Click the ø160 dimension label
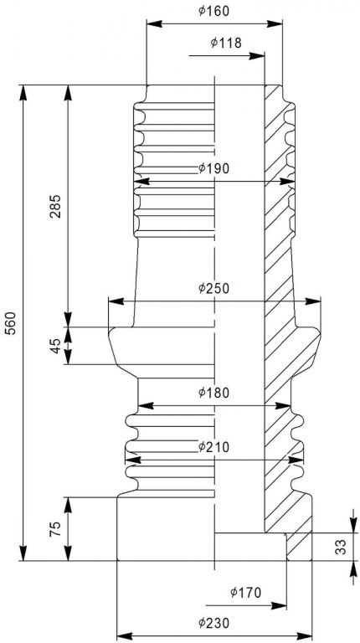pos(213,11)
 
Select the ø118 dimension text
pos(226,42)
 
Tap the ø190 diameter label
pos(213,168)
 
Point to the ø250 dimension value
pos(213,288)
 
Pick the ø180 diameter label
pos(213,393)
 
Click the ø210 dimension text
pos(213,446)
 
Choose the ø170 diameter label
pos(245,592)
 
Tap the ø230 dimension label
pos(213,623)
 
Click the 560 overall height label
pos(11,323)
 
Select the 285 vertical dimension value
pos(56,206)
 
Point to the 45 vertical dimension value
pos(56,345)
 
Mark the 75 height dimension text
pos(56,528)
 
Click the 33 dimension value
pos(341,547)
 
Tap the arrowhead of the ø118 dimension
pos(257,56)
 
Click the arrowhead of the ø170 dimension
pos(279,605)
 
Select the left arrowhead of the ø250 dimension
pos(116,301)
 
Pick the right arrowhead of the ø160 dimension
pos(275,23)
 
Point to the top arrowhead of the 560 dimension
pos(23,93)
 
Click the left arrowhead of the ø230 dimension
pos(125,636)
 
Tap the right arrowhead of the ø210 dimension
pos(296,460)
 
